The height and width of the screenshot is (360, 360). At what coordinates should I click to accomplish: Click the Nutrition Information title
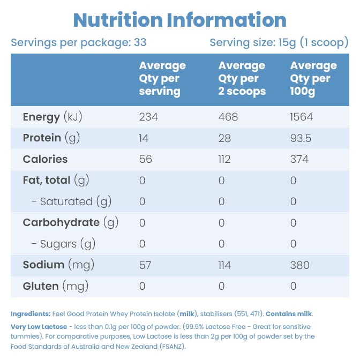point(180,20)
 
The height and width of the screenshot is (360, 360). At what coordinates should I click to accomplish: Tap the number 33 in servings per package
point(140,42)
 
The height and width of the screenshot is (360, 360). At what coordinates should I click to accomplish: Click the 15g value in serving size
point(287,43)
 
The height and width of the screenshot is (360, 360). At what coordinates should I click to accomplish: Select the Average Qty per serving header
point(162,79)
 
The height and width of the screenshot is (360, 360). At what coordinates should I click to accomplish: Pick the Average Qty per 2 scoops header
point(242,79)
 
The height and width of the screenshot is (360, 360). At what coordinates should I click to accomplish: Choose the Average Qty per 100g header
point(313,79)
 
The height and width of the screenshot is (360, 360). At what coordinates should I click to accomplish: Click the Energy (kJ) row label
point(52,117)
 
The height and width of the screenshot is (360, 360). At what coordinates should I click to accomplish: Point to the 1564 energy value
point(301,117)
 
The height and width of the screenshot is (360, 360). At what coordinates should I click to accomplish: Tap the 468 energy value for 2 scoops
point(228,117)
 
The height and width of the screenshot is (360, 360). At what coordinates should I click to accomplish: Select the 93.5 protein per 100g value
point(301,138)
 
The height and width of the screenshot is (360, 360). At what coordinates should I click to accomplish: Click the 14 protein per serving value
point(144,138)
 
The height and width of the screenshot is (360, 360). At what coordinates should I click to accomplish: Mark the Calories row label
point(45,159)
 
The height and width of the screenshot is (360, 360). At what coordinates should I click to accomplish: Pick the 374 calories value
point(299,159)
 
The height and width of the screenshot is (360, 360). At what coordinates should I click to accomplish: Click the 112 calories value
point(224,159)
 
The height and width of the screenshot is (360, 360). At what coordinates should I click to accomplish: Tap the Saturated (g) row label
point(71,201)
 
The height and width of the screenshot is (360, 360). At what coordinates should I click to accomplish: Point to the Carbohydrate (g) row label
point(71,223)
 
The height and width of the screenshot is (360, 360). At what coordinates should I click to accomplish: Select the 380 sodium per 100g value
point(299,265)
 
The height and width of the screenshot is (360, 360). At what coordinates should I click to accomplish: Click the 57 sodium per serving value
point(145,265)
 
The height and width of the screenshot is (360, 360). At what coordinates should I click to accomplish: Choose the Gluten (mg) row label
point(56,286)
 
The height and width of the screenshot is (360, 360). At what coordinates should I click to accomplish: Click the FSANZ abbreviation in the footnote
point(172,347)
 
